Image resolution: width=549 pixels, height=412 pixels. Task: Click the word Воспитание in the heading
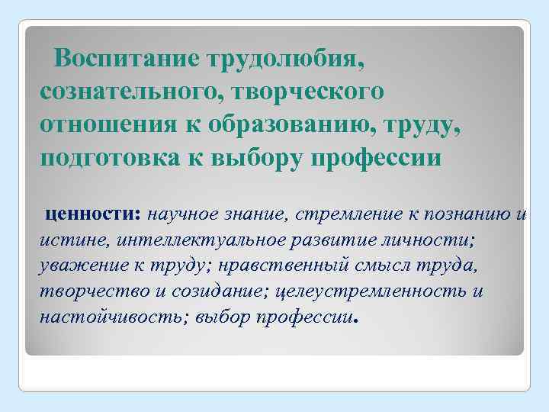[x=127, y=59]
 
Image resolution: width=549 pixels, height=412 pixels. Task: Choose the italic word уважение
[x=80, y=266]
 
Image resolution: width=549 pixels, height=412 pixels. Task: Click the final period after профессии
[x=356, y=322]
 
